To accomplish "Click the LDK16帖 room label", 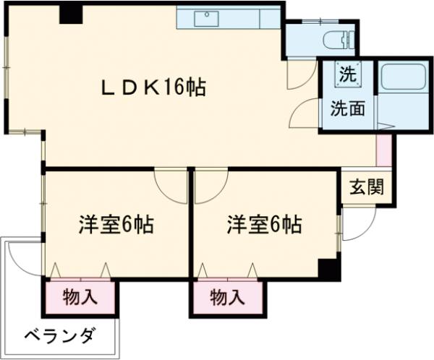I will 151,88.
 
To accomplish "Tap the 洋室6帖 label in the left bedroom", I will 116,224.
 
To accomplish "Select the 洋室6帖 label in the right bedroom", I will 264,224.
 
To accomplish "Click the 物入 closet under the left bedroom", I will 80,296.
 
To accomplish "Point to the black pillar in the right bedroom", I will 330,269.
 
